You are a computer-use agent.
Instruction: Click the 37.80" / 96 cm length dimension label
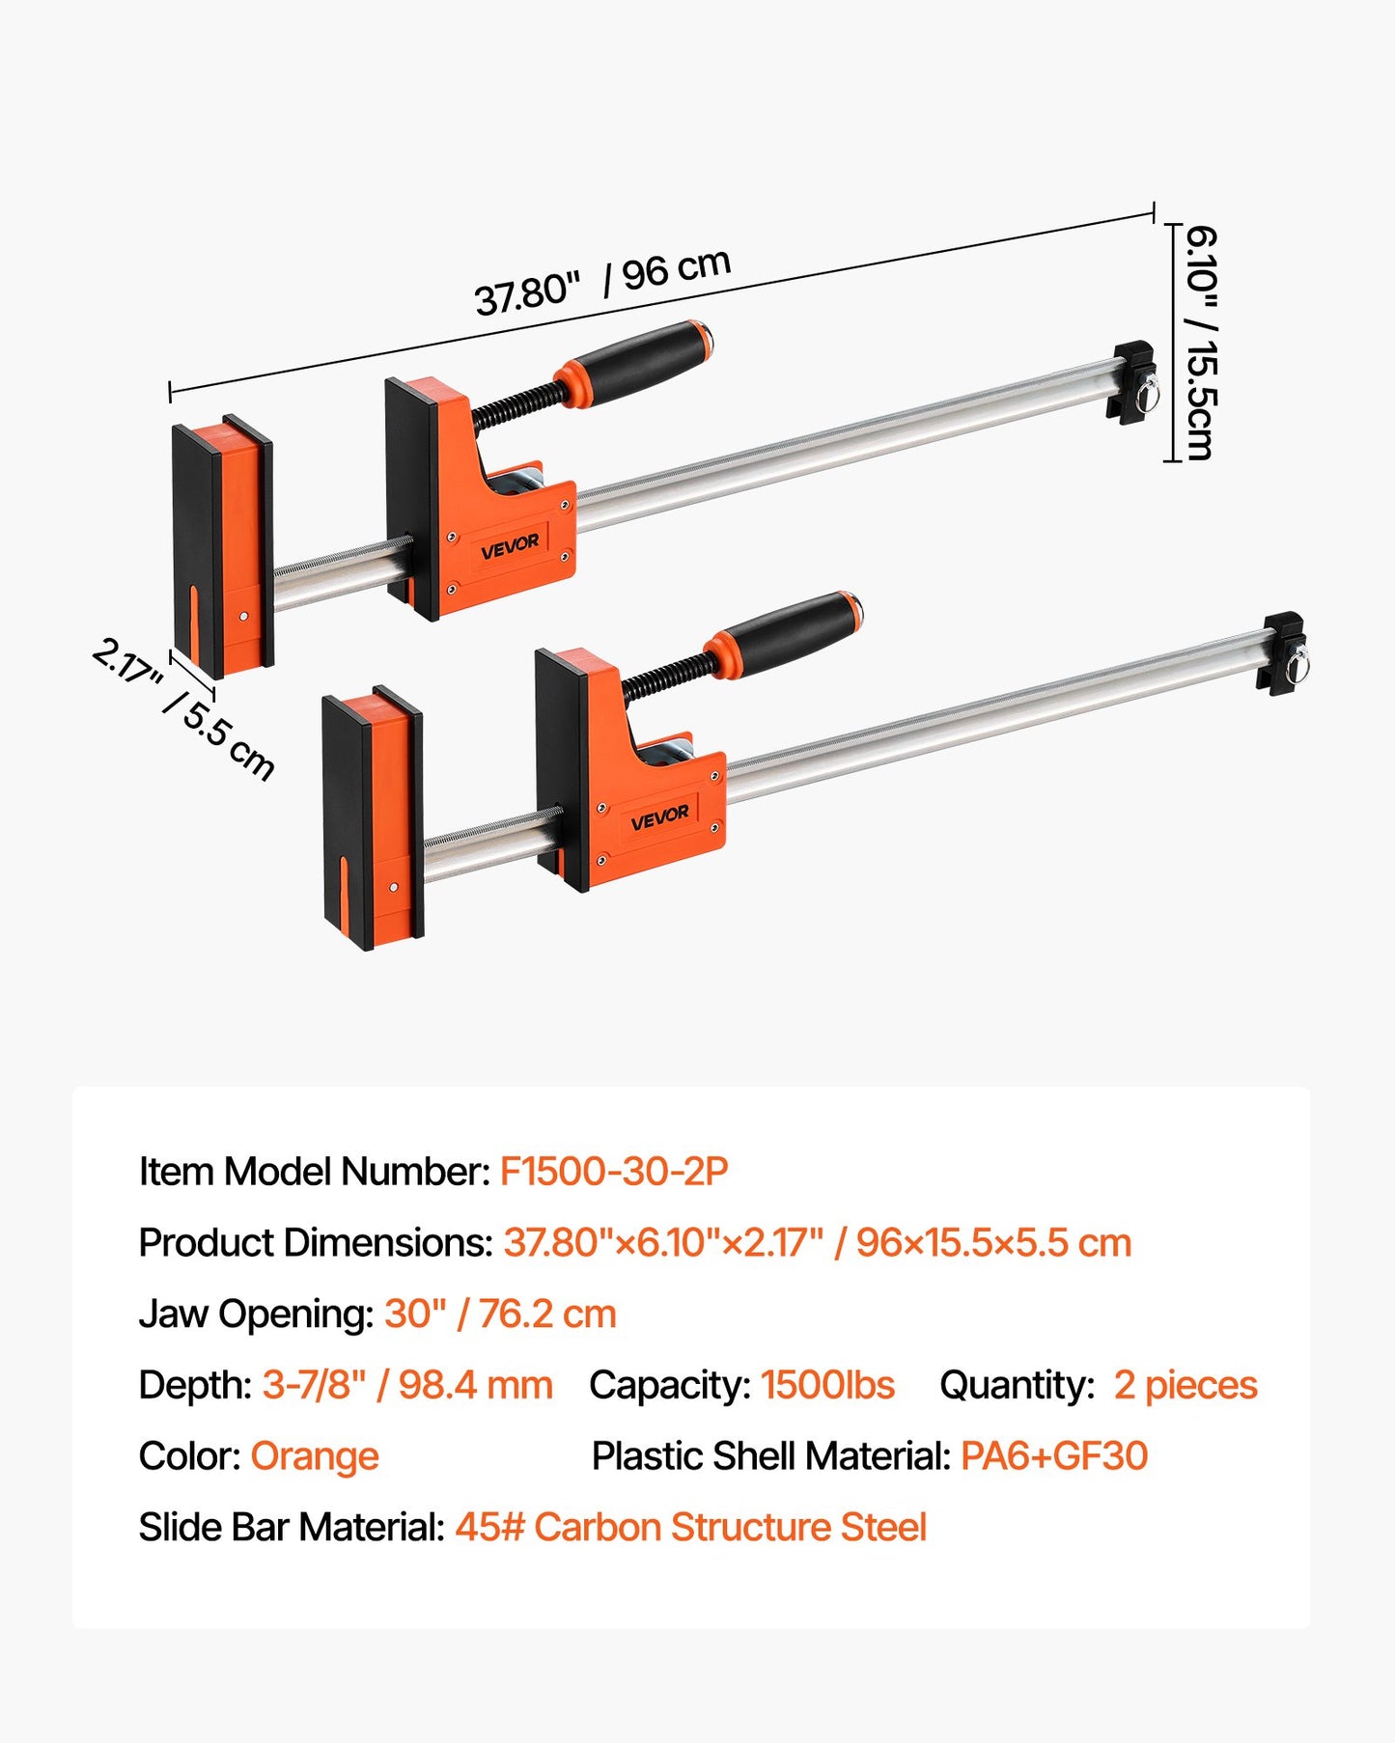602,282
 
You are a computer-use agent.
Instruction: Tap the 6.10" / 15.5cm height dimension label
1200,343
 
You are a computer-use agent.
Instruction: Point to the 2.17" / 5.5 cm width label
183,708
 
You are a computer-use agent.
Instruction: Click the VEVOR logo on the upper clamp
510,547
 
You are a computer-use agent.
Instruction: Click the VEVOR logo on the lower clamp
659,817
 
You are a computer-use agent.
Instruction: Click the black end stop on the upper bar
1131,382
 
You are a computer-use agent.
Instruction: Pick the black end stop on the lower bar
1282,653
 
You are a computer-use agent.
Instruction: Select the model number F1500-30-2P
613,1172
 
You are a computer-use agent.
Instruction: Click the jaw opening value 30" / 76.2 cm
500,1314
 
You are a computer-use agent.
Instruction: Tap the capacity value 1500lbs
827,1385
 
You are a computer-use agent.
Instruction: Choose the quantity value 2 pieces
1186,1385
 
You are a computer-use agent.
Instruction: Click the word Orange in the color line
315,1456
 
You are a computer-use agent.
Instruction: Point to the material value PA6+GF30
1054,1456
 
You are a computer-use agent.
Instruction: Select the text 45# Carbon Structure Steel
690,1528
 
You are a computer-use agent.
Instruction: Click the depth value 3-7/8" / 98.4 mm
407,1385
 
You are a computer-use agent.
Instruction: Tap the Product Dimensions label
316,1243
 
